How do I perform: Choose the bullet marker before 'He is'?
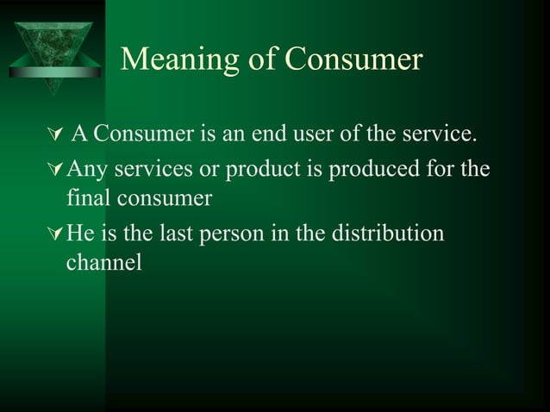tap(58, 234)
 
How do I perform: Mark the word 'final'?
tap(87, 198)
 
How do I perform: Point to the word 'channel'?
tap(103, 264)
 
